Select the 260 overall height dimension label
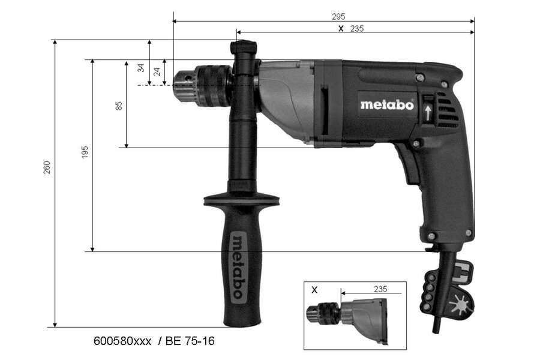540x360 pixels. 47,167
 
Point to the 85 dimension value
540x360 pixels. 119,105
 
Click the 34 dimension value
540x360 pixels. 141,68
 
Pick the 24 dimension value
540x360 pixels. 157,71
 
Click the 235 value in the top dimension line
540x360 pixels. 357,28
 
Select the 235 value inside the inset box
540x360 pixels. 380,289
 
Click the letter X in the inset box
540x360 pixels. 314,289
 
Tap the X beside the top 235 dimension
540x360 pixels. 341,28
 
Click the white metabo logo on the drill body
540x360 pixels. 386,104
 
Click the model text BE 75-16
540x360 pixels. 190,341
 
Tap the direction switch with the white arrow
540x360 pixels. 427,110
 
